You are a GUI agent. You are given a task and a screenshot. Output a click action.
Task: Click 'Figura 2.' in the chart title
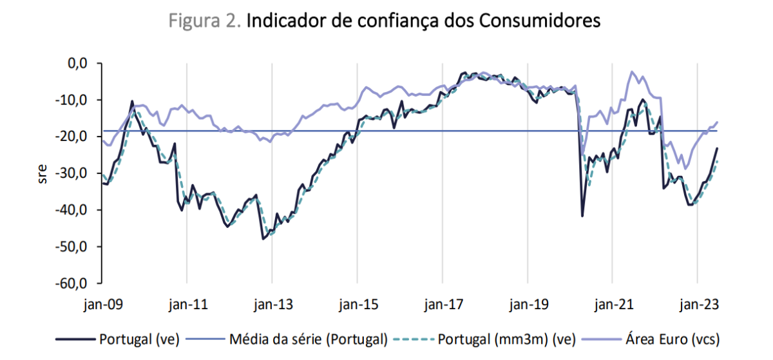(205, 21)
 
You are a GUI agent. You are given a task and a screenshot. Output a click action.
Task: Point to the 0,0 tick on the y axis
(76, 63)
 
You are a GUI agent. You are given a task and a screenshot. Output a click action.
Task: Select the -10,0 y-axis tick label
(72, 100)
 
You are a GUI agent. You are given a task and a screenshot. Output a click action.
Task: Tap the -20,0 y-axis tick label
(72, 137)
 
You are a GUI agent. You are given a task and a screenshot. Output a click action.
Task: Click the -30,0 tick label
(72, 173)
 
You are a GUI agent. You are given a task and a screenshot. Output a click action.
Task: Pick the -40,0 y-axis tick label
(72, 210)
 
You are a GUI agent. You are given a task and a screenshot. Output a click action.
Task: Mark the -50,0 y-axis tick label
(72, 247)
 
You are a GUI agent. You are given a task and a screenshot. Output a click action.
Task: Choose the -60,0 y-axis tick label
(72, 283)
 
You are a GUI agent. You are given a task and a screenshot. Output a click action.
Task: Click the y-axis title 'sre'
(43, 173)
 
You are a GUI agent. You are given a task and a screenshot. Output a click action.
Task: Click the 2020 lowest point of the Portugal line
(582, 216)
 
